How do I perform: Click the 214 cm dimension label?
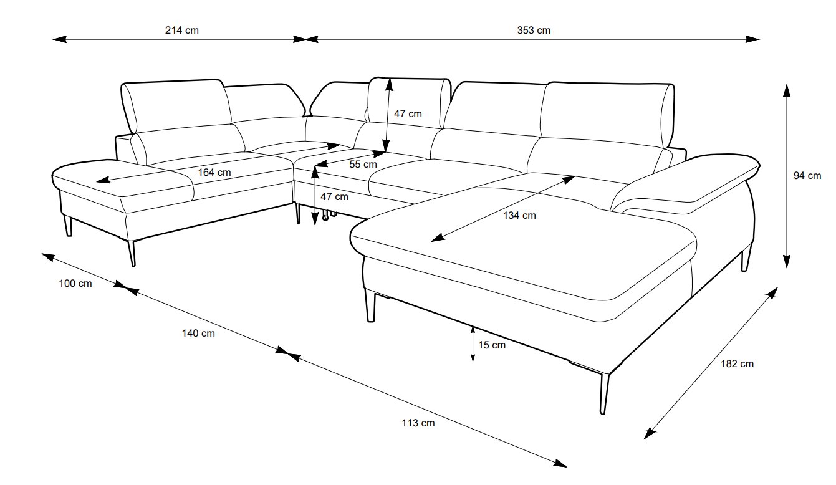pos(182,30)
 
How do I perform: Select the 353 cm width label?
pos(534,30)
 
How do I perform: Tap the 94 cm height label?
pos(807,175)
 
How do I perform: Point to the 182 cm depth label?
pos(737,364)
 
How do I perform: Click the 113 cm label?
pos(418,423)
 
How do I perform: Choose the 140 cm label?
pos(198,333)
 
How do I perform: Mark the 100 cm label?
pos(75,284)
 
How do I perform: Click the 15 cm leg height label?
pos(492,345)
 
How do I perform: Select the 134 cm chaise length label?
pos(519,215)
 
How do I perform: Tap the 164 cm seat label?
pos(214,172)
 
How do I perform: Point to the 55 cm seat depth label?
pos(363,164)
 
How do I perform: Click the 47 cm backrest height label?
pos(408,114)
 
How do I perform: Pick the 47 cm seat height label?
pos(334,196)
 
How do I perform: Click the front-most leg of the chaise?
pos(604,393)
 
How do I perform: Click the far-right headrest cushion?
pos(607,114)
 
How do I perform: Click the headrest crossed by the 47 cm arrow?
pos(409,103)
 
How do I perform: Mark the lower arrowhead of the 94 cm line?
pos(787,262)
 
